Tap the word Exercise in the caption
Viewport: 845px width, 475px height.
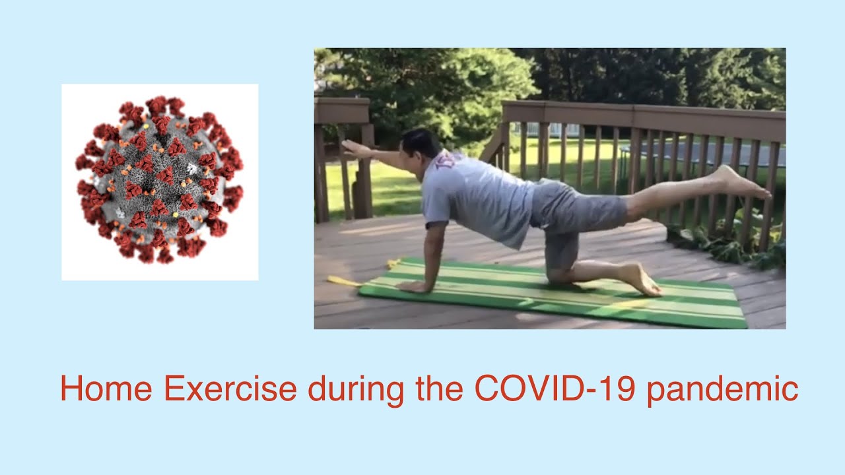(x=230, y=389)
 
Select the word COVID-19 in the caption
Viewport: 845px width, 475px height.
(x=555, y=389)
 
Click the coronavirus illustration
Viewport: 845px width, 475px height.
(x=160, y=181)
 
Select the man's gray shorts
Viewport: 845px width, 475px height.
(x=574, y=211)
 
